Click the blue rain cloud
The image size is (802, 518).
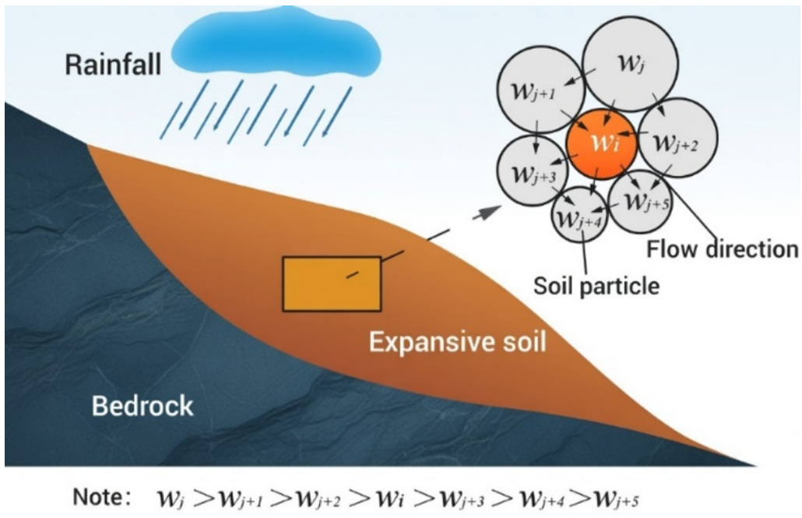pyautogui.click(x=276, y=41)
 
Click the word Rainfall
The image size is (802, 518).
pyautogui.click(x=113, y=65)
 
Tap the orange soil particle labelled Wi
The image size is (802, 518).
pyautogui.click(x=601, y=144)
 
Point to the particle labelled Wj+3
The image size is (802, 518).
pyautogui.click(x=533, y=171)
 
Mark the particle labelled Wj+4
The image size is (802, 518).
pyautogui.click(x=579, y=215)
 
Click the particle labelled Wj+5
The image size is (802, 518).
pyautogui.click(x=640, y=201)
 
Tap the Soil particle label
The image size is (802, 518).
pyautogui.click(x=596, y=285)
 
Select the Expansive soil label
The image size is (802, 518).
pyautogui.click(x=458, y=341)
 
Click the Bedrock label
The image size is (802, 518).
pyautogui.click(x=142, y=406)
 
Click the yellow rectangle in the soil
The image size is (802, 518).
pyautogui.click(x=332, y=284)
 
